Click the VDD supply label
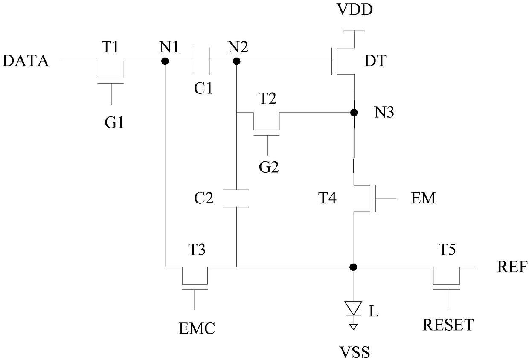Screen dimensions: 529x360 pyautogui.click(x=355, y=9)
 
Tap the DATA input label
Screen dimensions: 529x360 pyautogui.click(x=26, y=61)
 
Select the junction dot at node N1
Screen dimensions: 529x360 pyautogui.click(x=165, y=61)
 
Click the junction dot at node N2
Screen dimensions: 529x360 pyautogui.click(x=236, y=61)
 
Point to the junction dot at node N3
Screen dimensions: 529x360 pyautogui.click(x=354, y=113)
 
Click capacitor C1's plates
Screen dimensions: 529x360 pyautogui.click(x=201, y=61)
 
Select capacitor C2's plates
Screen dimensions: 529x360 pyautogui.click(x=235, y=198)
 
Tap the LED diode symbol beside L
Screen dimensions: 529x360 pyautogui.click(x=353, y=308)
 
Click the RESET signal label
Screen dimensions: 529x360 pyautogui.click(x=448, y=325)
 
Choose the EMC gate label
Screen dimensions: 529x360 pyautogui.click(x=197, y=328)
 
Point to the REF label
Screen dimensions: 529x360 pyautogui.click(x=512, y=267)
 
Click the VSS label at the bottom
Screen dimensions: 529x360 pyautogui.click(x=355, y=352)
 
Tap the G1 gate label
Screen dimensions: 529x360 pyautogui.click(x=114, y=122)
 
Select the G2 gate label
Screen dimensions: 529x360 pyautogui.click(x=269, y=167)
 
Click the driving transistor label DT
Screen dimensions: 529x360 pyautogui.click(x=375, y=61)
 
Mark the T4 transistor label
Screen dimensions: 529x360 pyautogui.click(x=327, y=198)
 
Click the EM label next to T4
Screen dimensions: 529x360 pyautogui.click(x=423, y=198)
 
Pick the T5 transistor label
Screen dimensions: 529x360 pyautogui.click(x=447, y=250)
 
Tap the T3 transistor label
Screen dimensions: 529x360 pyautogui.click(x=197, y=250)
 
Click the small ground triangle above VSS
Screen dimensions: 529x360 pyautogui.click(x=353, y=327)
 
